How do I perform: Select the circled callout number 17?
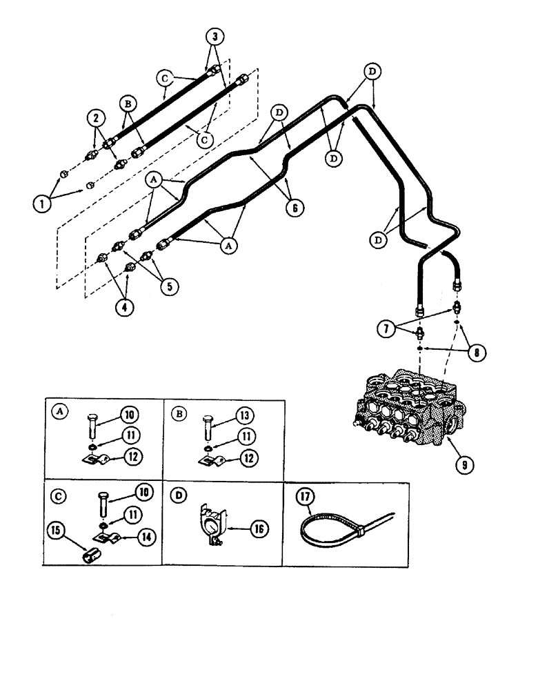(x=304, y=497)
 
